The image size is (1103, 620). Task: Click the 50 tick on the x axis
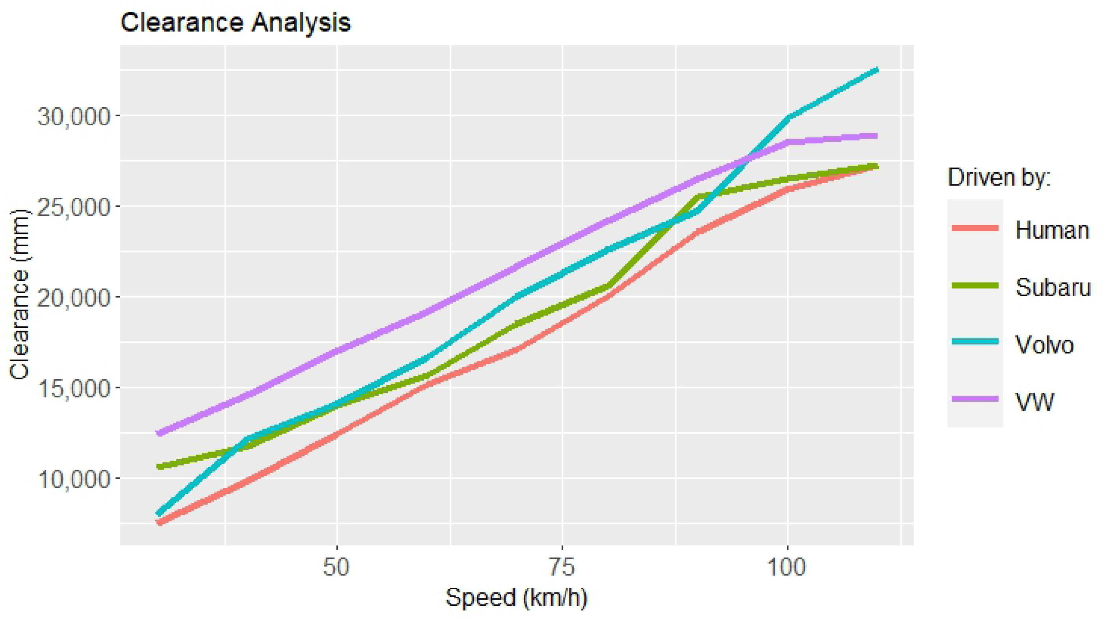coord(337,568)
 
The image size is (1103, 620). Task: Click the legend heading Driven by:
coord(999,177)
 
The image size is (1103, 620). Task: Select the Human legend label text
coord(1052,230)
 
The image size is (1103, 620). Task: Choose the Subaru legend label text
coord(1053,287)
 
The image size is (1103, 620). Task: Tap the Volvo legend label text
coord(1044,344)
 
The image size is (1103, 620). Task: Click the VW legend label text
coord(1034,401)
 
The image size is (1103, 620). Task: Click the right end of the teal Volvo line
coord(877,70)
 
